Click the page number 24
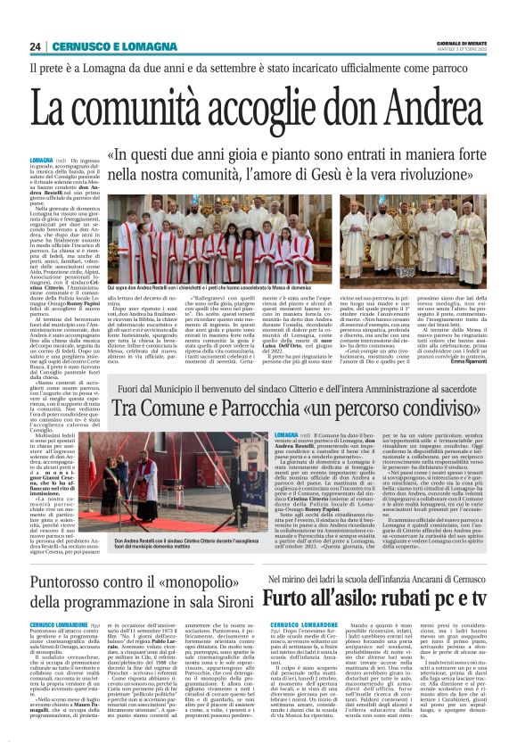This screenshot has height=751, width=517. tap(36, 47)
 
